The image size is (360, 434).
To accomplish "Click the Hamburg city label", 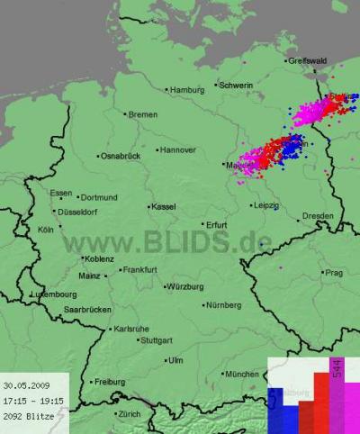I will tap(187, 90).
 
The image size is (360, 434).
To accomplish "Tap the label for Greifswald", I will tap(309, 61).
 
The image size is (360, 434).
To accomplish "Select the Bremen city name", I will tap(143, 114).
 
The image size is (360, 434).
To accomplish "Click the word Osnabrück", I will tap(121, 156).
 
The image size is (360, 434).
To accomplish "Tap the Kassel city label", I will tap(163, 206).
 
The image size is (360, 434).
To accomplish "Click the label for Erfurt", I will tap(217, 224).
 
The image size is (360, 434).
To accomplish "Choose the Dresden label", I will tap(318, 216).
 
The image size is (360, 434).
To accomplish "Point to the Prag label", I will tap(334, 272).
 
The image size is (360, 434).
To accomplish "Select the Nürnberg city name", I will tap(224, 305).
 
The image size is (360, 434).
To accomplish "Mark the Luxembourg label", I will tap(53, 294).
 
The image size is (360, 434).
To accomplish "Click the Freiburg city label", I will tap(110, 382).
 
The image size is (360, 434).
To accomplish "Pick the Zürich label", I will tap(129, 414).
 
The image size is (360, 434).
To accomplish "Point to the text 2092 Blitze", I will tap(27, 416).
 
